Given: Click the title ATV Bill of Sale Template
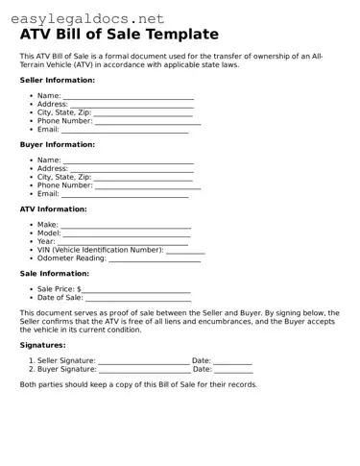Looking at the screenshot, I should click(127, 35).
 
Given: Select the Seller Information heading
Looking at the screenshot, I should click(58, 80).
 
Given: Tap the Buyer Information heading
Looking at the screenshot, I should click(58, 144).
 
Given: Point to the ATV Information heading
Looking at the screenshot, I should click(54, 208).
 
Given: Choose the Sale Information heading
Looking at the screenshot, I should click(55, 273).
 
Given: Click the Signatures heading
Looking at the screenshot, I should click(43, 344).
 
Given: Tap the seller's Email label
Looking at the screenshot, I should click(48, 129).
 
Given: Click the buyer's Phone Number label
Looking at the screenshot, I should click(64, 185).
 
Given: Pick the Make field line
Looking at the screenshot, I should click(127, 227).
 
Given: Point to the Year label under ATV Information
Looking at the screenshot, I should click(47, 241).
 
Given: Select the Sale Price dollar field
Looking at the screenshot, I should click(136, 290).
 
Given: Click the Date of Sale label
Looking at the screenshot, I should click(60, 298).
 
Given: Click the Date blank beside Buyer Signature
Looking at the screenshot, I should click(233, 370).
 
